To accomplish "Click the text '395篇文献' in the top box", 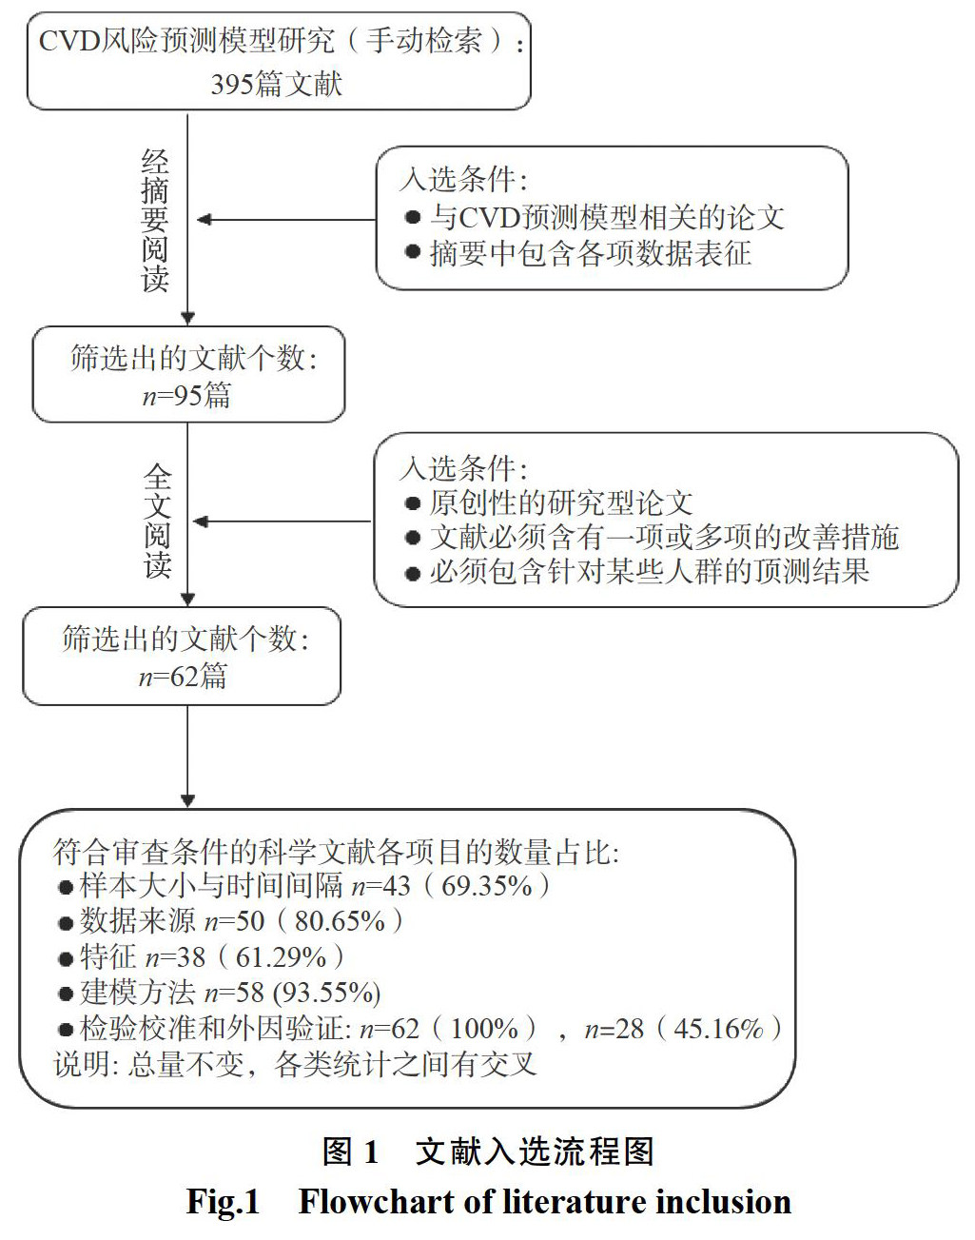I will click(276, 84).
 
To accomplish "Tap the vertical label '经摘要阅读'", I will click(154, 220).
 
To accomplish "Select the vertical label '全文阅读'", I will click(157, 521).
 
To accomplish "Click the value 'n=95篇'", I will click(186, 395).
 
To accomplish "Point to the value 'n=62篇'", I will click(183, 677).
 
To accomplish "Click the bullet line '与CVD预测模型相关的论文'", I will click(606, 217).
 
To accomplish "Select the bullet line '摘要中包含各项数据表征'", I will click(590, 253).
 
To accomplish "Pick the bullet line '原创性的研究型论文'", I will click(560, 502).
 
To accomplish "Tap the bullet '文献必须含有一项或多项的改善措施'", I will click(663, 537).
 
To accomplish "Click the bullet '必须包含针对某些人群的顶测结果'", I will click(649, 571).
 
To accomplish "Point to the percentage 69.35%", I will click(487, 886).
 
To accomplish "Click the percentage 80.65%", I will click(340, 921).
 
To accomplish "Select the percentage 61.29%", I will click(281, 956).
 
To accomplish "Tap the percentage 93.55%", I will click(327, 993).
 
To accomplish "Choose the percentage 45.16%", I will click(719, 1029).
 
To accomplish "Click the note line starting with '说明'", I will click(295, 1064).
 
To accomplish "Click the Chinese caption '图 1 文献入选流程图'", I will click(488, 1151).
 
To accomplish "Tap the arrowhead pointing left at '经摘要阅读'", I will click(204, 220).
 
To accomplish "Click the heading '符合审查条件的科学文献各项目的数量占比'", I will click(335, 851).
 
